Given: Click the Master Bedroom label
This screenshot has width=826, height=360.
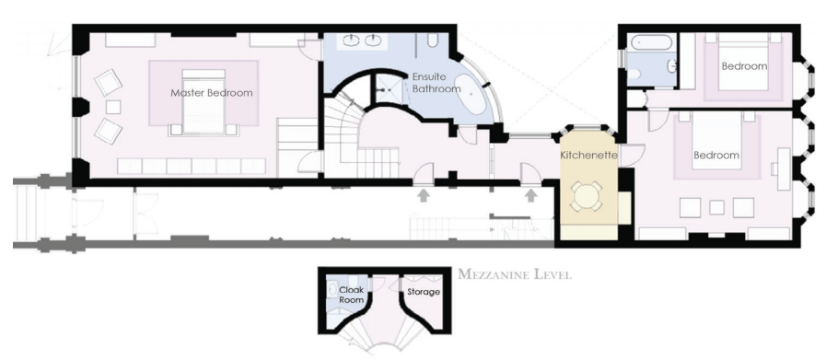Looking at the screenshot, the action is tap(211, 93).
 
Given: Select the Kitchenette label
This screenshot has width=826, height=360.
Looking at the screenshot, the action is tap(588, 155).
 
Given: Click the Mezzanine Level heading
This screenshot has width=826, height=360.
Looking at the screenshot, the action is tap(514, 274).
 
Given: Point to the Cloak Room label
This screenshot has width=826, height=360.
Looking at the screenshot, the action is tap(352, 295).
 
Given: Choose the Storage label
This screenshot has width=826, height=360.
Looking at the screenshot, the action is tap(424, 292).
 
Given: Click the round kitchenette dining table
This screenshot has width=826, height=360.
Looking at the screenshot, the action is tap(588, 196).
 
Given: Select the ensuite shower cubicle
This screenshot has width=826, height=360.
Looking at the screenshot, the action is tap(390, 89).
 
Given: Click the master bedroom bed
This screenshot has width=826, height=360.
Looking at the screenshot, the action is tap(204, 101).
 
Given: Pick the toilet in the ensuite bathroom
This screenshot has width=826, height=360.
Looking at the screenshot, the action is tap(433, 41).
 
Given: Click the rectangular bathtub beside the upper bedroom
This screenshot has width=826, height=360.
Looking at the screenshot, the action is tap(652, 42).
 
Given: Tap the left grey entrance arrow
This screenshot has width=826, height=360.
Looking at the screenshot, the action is tap(423, 195).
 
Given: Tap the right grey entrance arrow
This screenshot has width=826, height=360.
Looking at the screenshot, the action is tap(531, 195).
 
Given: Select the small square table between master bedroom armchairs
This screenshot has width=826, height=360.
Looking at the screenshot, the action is tap(113, 107).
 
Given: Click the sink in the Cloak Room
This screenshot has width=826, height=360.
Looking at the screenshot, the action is tap(332, 289).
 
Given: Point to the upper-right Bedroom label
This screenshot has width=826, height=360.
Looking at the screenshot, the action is tap(744, 66).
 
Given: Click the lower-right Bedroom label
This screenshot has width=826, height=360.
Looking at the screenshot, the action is tap(715, 156).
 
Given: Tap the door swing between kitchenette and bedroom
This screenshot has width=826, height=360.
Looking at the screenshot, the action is tap(631, 156).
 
